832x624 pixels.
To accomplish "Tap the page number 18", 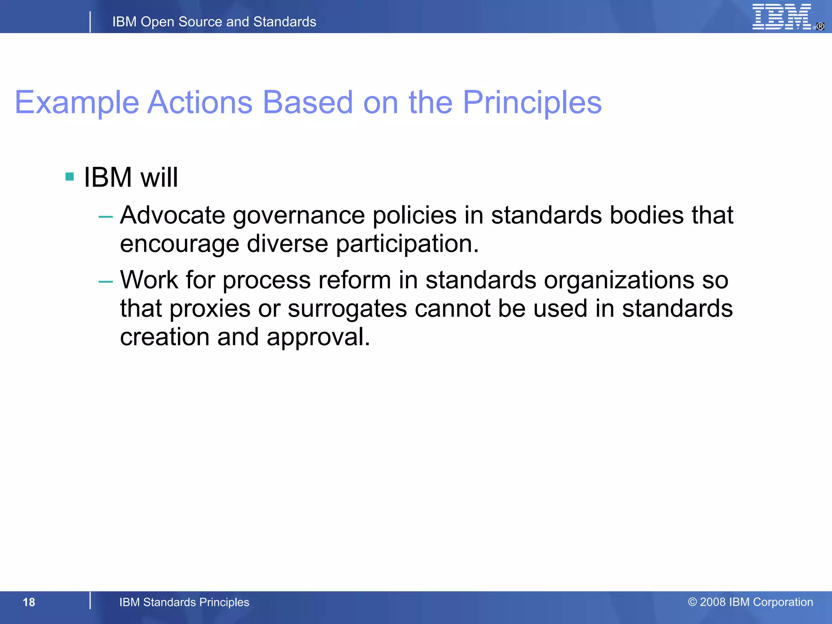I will [29, 602].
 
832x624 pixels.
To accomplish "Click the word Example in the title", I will [77, 103].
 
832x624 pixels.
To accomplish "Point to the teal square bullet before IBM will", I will [69, 177].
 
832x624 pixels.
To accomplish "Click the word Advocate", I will [173, 215].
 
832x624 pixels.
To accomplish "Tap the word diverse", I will [287, 244].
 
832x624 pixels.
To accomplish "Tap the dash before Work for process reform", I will [106, 281].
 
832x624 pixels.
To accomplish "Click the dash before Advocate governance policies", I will [106, 217].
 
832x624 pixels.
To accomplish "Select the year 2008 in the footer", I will [713, 602].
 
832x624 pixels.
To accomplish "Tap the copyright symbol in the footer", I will [692, 602].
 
